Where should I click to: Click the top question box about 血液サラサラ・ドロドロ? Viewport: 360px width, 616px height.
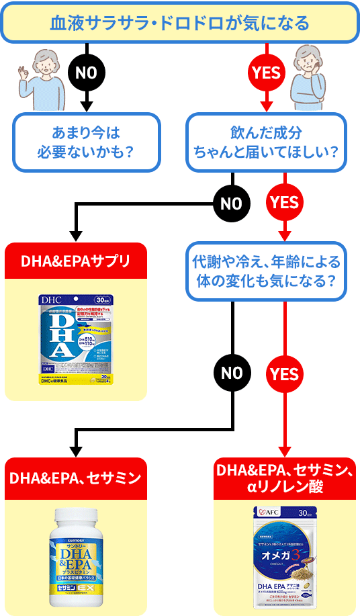coord(179,22)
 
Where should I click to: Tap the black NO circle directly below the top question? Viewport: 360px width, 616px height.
coord(86,73)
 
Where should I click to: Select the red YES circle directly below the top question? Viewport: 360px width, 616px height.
coord(267,73)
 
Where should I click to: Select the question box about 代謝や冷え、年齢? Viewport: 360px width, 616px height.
coord(266,270)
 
